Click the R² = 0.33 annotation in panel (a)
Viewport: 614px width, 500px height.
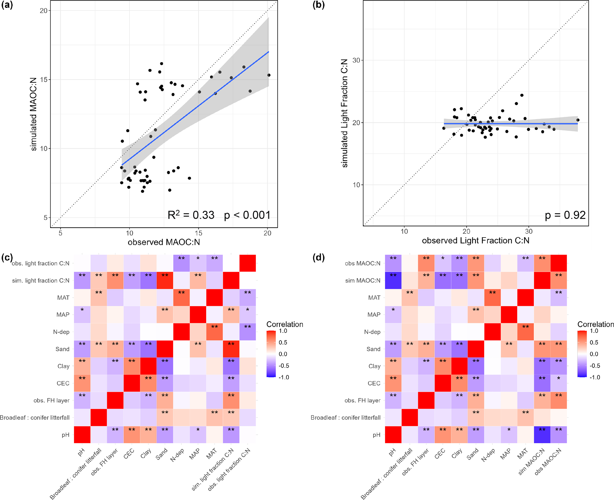click(191, 215)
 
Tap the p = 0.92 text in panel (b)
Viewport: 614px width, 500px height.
click(565, 215)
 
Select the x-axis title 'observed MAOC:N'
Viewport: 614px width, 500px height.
click(164, 242)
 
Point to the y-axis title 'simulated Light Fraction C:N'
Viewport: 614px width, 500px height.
click(345, 113)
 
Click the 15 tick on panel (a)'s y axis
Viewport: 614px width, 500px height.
click(43, 80)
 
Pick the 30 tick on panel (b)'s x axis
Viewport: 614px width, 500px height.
click(528, 231)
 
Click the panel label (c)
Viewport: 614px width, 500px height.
click(7, 257)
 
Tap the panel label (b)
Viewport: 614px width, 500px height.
click(318, 5)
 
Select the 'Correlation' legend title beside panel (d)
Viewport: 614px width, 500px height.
click(595, 324)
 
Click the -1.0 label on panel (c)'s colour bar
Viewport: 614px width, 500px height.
click(284, 377)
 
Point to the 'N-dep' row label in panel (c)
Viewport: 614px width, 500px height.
click(61, 332)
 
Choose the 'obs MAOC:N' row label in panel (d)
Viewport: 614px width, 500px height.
click(362, 263)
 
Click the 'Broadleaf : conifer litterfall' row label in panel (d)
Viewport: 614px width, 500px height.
click(345, 418)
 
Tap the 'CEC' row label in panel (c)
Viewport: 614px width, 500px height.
click(63, 383)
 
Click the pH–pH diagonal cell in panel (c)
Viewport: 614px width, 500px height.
click(82, 435)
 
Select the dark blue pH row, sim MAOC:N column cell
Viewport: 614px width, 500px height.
click(542, 435)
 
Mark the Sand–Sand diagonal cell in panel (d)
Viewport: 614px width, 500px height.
click(476, 349)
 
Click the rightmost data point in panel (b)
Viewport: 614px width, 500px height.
click(578, 120)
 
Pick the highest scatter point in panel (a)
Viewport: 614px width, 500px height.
click(162, 64)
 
